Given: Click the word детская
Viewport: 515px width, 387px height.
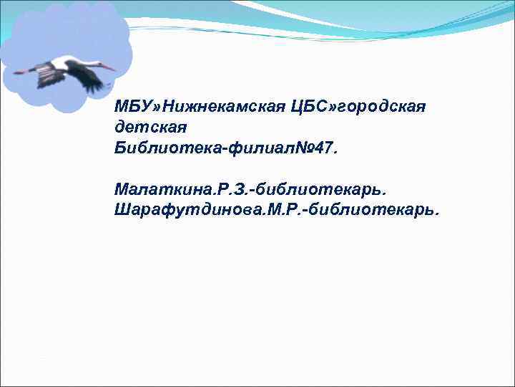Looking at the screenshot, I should [150, 128].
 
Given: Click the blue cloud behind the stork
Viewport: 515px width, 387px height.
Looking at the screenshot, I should [68, 29].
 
